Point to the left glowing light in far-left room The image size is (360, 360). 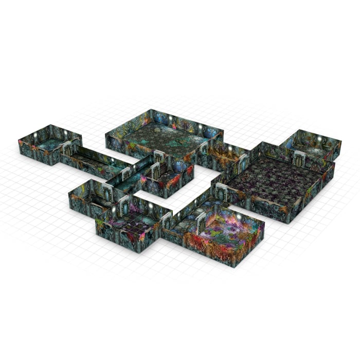(x=34, y=135)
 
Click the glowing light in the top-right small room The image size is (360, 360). (x=319, y=139)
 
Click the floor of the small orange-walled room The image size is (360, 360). (x=226, y=154)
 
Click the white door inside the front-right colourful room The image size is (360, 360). (x=200, y=224)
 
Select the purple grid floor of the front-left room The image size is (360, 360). (x=131, y=224)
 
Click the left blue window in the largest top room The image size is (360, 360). (x=159, y=120)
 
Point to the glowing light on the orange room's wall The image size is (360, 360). (x=230, y=148)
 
